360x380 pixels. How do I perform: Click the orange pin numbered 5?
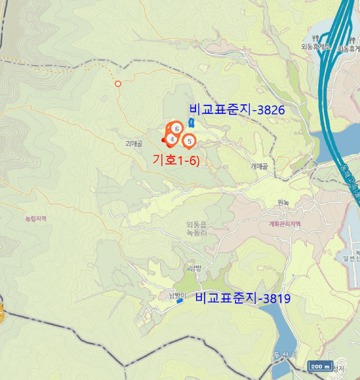point(189,141)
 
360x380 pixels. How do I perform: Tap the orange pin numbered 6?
point(177,128)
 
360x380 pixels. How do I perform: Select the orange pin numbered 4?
point(172,138)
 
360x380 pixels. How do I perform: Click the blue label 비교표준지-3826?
point(237,110)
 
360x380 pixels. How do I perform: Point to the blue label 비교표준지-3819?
point(243,298)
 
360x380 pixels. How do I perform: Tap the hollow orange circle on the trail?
point(118,83)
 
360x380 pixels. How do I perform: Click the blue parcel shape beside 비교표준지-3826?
point(191,123)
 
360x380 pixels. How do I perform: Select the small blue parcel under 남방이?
point(180,301)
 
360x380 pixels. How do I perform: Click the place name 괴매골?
point(134,144)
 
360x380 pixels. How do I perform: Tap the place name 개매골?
point(260,167)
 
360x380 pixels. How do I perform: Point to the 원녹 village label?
point(283,203)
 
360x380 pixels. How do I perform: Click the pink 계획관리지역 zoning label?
point(285,224)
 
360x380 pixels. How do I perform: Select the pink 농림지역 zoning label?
point(36,219)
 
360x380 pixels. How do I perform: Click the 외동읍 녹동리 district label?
point(197,228)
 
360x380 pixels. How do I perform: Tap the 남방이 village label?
point(177,295)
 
